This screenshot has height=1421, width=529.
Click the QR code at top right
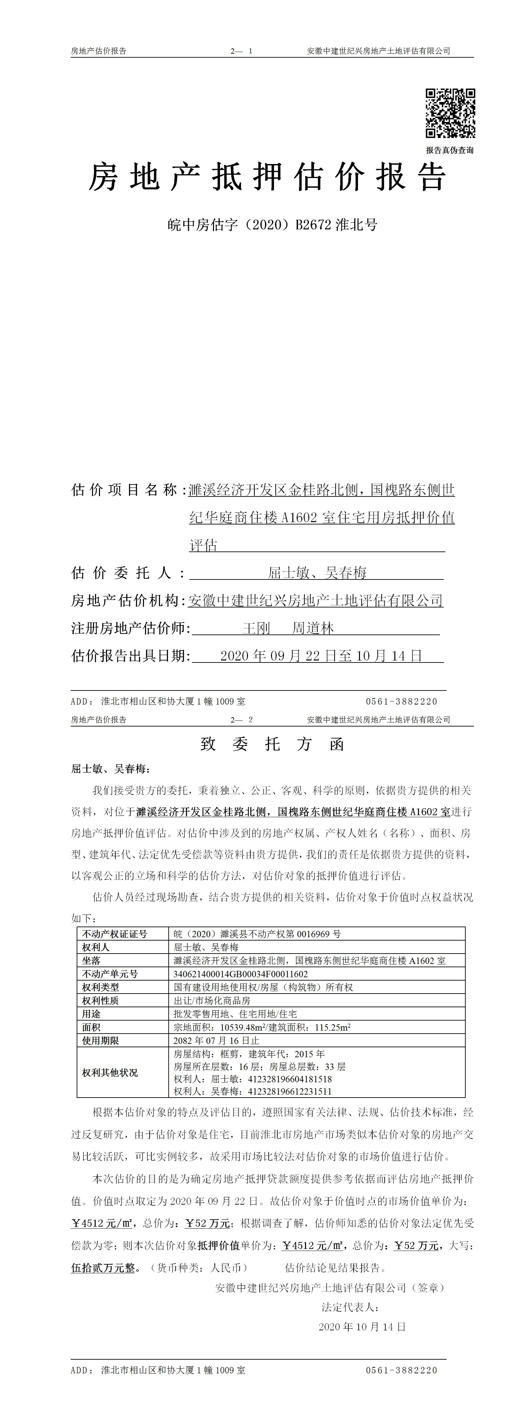(450, 113)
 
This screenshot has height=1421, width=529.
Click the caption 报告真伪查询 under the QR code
(449, 150)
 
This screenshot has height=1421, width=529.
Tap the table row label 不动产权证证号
(115, 934)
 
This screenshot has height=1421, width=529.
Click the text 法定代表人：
(350, 1307)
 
